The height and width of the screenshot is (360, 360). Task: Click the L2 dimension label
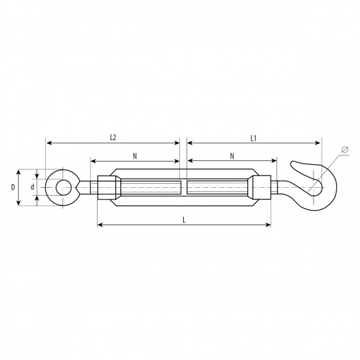click(113, 137)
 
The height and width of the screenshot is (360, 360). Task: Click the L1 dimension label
click(253, 139)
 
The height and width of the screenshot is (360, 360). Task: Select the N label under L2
click(135, 156)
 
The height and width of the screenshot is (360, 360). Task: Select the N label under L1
click(232, 156)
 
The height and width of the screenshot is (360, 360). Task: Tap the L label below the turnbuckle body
click(184, 220)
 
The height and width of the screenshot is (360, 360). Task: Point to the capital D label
click(13, 187)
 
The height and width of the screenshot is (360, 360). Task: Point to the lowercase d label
click(33, 187)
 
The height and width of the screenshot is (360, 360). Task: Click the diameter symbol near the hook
click(345, 150)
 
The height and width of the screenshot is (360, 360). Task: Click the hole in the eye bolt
click(62, 188)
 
